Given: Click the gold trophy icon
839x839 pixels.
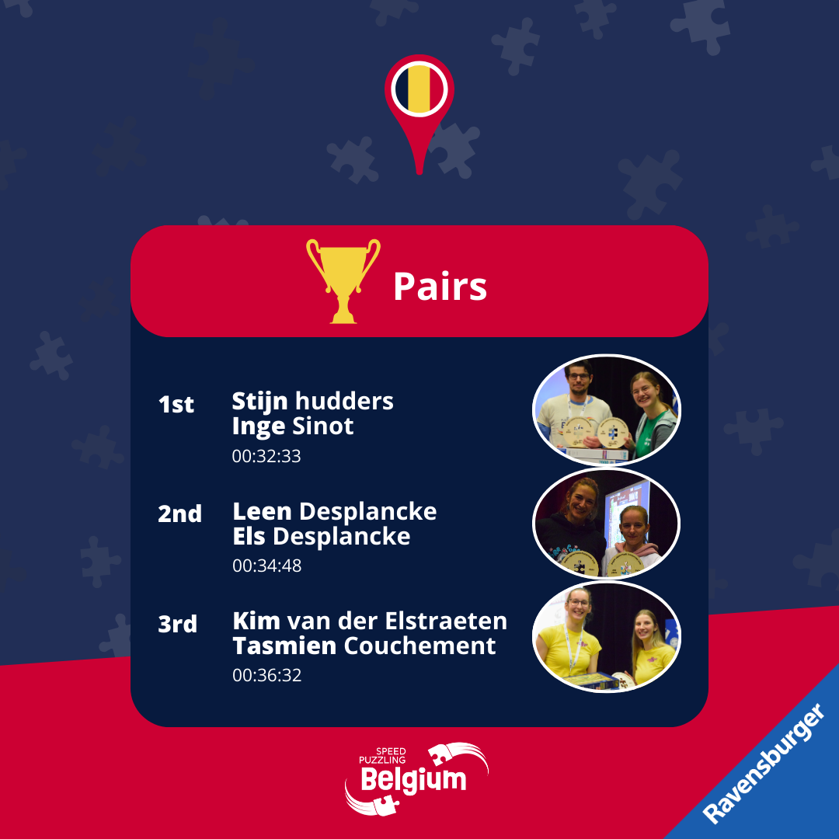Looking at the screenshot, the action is click(x=343, y=280).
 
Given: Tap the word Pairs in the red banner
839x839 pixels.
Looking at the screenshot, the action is click(x=440, y=286).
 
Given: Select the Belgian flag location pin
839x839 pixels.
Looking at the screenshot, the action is click(x=419, y=113).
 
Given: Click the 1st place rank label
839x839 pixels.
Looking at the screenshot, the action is click(x=176, y=405).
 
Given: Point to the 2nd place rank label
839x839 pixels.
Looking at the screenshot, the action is click(x=179, y=513).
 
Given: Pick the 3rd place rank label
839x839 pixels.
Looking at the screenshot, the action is click(x=178, y=624).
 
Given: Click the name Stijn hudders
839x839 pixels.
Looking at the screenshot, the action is click(x=312, y=402).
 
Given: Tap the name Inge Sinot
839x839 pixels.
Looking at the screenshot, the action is click(x=293, y=426).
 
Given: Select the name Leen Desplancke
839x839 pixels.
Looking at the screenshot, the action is click(x=334, y=511).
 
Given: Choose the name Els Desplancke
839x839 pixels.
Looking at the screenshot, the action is click(x=321, y=536).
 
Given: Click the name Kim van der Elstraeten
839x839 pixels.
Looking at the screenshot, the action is click(x=370, y=621).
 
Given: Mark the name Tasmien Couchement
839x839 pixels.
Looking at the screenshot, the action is click(x=364, y=646).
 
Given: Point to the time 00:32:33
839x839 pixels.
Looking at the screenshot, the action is click(x=266, y=457).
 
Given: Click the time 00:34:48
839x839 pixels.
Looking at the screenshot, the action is click(x=267, y=566).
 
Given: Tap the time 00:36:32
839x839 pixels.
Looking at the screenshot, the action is click(x=267, y=675).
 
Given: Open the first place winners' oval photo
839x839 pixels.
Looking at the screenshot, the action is click(x=607, y=410).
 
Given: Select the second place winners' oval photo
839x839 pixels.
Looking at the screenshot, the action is click(x=607, y=524).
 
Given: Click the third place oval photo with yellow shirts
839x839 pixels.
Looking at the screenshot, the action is click(x=607, y=637).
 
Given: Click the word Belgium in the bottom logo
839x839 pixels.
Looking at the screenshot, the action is click(x=413, y=780).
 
